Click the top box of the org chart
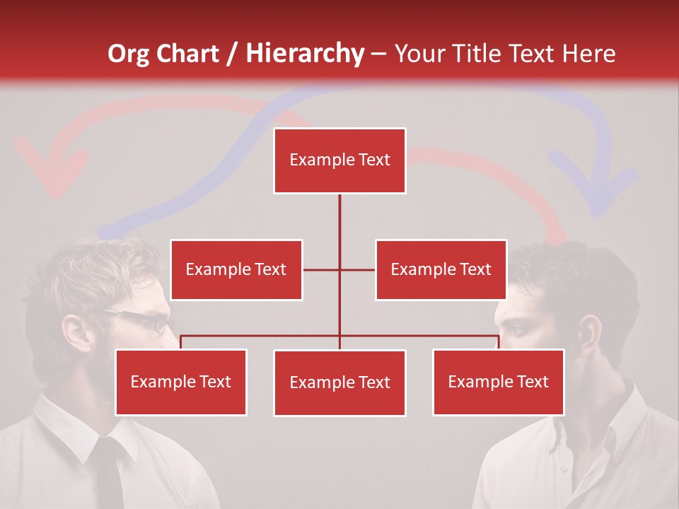[x=339, y=160]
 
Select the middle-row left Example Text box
[x=236, y=269]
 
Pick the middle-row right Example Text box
[x=441, y=269]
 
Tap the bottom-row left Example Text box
[x=181, y=382]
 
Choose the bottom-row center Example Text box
[x=339, y=382]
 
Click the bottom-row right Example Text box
[x=498, y=382]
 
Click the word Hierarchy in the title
[x=305, y=54]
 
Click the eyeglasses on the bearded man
[x=145, y=320]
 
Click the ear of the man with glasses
[x=74, y=332]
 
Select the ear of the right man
[x=589, y=332]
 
